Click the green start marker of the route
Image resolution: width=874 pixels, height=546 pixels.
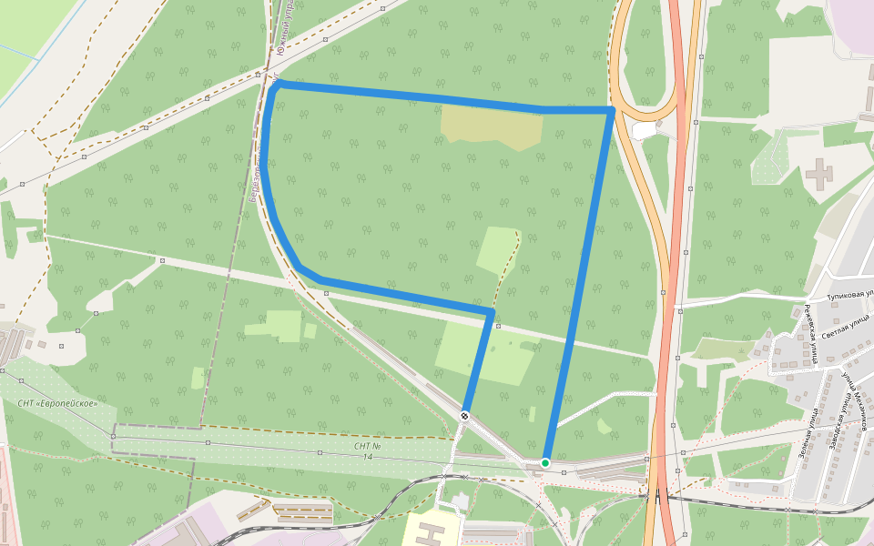click(545, 463)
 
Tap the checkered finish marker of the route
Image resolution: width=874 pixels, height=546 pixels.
click(465, 416)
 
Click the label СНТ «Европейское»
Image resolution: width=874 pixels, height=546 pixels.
click(57, 403)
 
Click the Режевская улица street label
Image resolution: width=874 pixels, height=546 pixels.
click(809, 333)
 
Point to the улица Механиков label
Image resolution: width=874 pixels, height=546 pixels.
click(855, 390)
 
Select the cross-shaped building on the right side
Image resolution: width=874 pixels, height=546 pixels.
click(818, 172)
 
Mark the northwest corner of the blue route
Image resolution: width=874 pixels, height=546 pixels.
click(275, 84)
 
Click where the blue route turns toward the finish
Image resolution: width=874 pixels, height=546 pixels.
click(492, 313)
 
